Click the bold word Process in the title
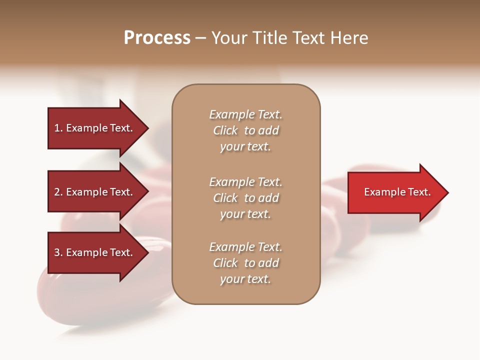coord(157,38)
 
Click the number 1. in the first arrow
coord(58,128)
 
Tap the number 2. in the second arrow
coord(58,192)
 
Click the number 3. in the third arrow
coord(58,252)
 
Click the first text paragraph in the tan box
coord(245,130)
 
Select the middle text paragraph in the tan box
coord(245,198)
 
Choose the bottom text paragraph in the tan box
coord(245,263)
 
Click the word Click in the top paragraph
coord(225,130)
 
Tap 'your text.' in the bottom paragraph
coord(245,279)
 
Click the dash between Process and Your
coord(200,38)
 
